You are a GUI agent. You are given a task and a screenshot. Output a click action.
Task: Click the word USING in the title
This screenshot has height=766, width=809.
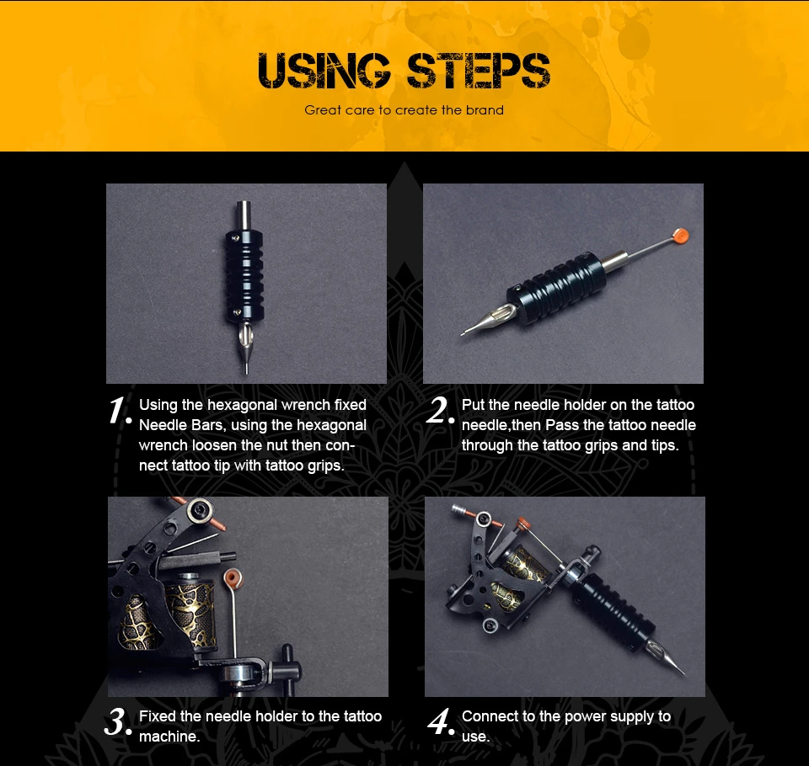click(324, 71)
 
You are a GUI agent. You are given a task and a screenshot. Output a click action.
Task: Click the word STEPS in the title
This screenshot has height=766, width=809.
click(479, 71)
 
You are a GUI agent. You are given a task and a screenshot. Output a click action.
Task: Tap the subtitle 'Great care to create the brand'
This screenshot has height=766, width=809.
click(404, 109)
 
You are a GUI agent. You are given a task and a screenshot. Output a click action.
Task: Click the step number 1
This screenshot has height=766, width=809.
click(120, 411)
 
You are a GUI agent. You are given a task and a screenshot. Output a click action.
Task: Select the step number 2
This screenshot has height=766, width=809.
click(440, 410)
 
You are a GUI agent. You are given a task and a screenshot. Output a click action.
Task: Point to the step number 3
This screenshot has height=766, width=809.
click(118, 721)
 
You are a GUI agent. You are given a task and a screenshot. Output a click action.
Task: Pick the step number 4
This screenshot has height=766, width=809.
click(441, 721)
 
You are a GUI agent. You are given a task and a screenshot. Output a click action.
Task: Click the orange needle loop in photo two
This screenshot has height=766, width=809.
click(680, 236)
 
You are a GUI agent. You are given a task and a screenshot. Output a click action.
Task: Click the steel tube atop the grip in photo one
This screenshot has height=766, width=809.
click(244, 216)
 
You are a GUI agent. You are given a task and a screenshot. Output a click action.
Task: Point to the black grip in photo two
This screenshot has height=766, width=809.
click(556, 289)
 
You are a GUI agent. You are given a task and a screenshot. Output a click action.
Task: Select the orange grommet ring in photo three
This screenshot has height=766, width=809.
click(233, 577)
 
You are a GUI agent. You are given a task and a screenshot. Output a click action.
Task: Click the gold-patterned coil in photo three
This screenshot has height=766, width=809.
click(189, 611)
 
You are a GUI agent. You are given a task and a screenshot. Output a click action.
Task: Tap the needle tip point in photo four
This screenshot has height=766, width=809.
click(684, 673)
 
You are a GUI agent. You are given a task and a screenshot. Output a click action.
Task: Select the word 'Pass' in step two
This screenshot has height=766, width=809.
click(562, 425)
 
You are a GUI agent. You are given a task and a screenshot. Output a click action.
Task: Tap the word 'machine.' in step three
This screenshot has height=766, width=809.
click(169, 737)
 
